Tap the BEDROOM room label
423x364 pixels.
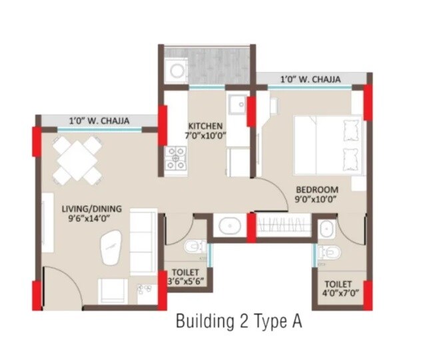click(317, 189)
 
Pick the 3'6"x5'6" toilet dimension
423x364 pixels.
click(187, 282)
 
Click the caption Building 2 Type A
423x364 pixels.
click(239, 322)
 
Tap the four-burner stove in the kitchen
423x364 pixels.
click(176, 159)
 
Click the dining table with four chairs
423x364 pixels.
click(77, 159)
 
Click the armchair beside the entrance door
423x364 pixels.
click(113, 289)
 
